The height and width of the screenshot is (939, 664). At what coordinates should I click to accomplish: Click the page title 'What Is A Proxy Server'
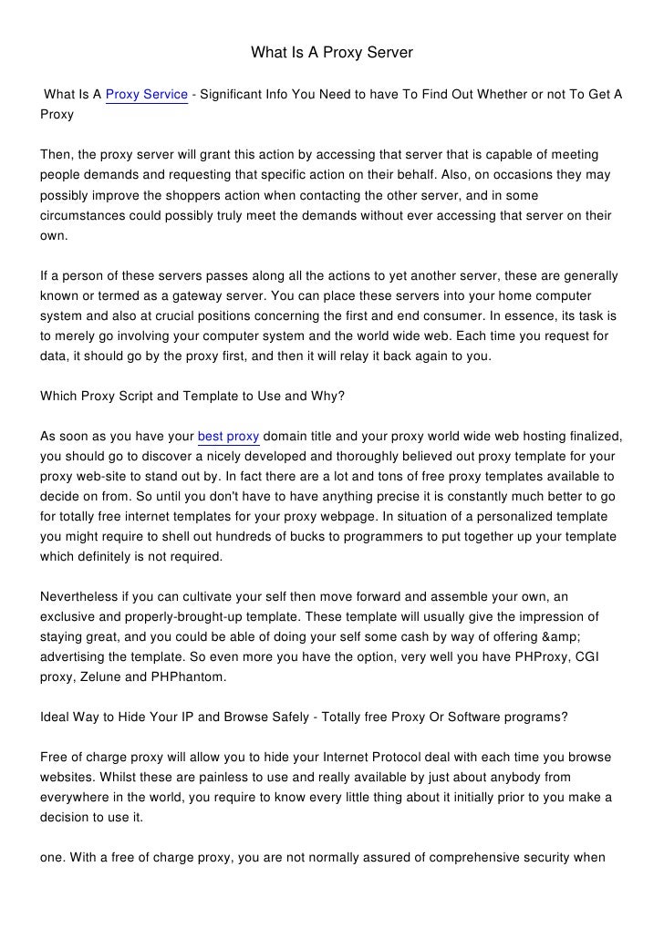pos(332,54)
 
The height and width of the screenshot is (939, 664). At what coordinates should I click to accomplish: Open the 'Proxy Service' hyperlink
pos(147,94)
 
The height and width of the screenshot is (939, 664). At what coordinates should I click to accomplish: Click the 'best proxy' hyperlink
pos(228,437)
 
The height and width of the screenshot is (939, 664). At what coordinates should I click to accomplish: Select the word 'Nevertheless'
pos(79,597)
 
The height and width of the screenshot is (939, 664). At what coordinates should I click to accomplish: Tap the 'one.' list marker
pos(55,858)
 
